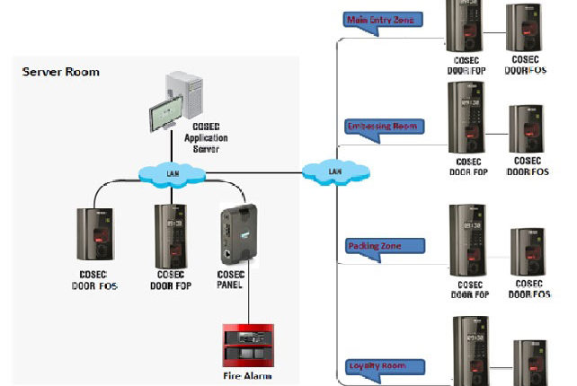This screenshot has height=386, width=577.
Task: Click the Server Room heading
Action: pos(61,72)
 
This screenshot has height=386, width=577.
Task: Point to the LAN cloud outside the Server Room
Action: pos(333,170)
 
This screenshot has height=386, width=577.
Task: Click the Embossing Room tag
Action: pos(385,127)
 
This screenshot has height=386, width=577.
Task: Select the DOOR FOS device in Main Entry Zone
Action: pos(523,31)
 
